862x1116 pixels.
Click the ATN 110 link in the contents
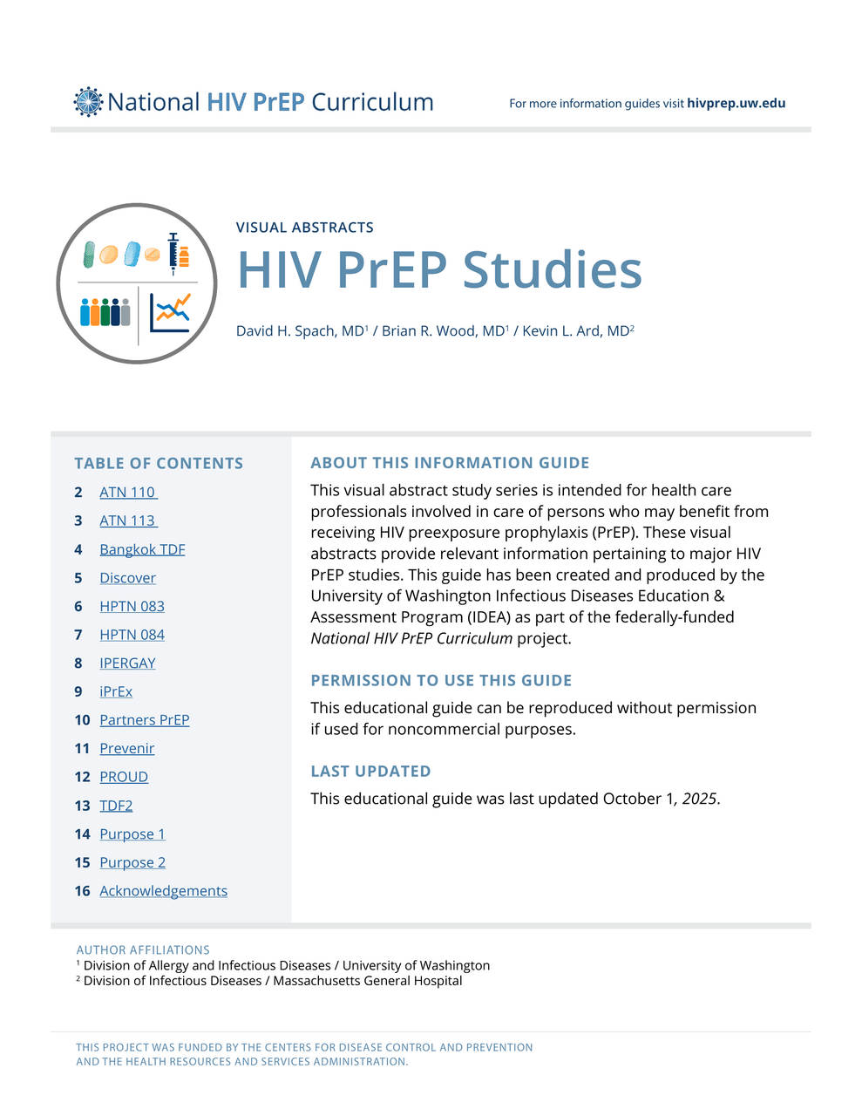pyautogui.click(x=127, y=493)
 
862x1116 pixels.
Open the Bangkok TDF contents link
pyautogui.click(x=142, y=549)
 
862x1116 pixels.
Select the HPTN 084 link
pyautogui.click(x=132, y=635)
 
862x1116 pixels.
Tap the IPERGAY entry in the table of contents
pyautogui.click(x=127, y=663)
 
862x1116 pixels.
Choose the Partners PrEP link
pyautogui.click(x=144, y=720)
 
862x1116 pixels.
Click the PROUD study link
pyautogui.click(x=124, y=777)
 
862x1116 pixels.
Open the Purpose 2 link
pyautogui.click(x=132, y=862)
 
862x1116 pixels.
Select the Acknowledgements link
pyautogui.click(x=163, y=891)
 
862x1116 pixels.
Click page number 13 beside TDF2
pyautogui.click(x=82, y=806)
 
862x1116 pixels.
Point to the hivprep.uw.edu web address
pyautogui.click(x=736, y=103)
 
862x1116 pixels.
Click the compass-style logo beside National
pyautogui.click(x=88, y=102)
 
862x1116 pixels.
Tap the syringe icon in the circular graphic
pyautogui.click(x=173, y=254)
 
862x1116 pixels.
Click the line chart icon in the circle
pyautogui.click(x=170, y=312)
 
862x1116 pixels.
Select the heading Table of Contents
pyautogui.click(x=159, y=464)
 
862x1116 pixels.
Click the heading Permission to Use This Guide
pyautogui.click(x=441, y=681)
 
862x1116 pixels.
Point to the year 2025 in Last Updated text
pyautogui.click(x=700, y=799)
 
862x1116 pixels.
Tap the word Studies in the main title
pyautogui.click(x=552, y=270)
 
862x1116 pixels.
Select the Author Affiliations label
pyautogui.click(x=143, y=949)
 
